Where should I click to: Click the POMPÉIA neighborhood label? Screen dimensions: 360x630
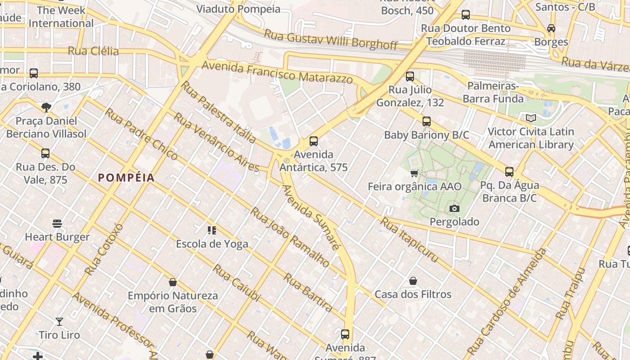[126, 178]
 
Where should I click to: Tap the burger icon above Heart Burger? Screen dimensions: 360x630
[57, 223]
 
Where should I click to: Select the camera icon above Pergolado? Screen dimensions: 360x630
[454, 208]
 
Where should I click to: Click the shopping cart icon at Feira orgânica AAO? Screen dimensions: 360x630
[414, 173]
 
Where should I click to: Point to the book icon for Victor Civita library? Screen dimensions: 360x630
[531, 118]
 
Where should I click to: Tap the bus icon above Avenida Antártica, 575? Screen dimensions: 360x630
[314, 141]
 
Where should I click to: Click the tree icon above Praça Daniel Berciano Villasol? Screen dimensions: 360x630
[46, 107]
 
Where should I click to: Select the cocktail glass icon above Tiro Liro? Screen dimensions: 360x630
[59, 321]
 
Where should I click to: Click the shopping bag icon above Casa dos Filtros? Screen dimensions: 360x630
[413, 281]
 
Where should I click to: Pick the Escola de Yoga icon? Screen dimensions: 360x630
[212, 230]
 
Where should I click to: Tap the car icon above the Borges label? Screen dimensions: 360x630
[551, 28]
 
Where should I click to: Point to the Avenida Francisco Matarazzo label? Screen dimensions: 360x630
[277, 72]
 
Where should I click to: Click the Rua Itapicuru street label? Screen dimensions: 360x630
[409, 240]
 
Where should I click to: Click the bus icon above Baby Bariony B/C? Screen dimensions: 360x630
[426, 121]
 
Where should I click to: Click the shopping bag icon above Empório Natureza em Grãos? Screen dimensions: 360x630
[172, 282]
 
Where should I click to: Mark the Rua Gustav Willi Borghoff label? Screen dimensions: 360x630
[331, 40]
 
